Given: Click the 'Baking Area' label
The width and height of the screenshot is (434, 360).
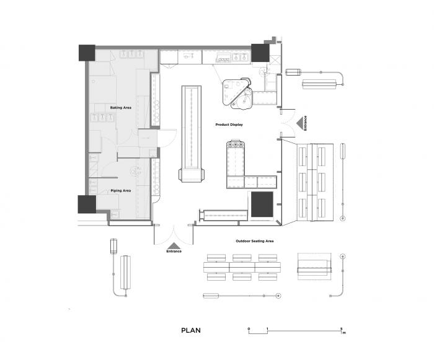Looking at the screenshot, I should click(x=121, y=108).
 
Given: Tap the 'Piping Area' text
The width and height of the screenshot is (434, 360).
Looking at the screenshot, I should click(x=120, y=191).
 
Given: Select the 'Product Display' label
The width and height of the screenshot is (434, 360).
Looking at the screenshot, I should click(x=229, y=125).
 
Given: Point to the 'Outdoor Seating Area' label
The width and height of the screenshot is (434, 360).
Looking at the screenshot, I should click(x=255, y=240).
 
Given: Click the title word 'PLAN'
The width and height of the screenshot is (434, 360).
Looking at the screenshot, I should click(x=191, y=330).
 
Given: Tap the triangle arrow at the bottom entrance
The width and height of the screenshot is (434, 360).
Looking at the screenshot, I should click(x=174, y=245).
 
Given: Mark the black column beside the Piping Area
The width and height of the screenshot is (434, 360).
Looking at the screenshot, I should click(x=86, y=204).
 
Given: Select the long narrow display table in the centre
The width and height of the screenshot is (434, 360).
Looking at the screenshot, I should click(x=192, y=133).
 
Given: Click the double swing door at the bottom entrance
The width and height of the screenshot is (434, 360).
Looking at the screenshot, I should click(x=174, y=233).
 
